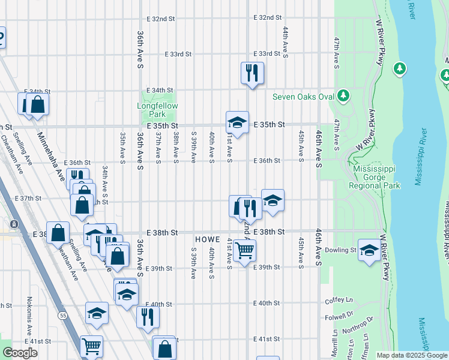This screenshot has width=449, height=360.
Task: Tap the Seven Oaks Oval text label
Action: pos(303,96)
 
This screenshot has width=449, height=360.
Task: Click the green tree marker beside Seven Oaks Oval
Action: pos(343,95)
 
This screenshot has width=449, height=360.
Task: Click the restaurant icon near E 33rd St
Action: pos(252,73)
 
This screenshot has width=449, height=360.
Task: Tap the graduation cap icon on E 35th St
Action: pos(237,122)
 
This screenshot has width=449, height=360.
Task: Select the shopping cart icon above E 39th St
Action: pos(245,250)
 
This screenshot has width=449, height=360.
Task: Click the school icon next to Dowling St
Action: pos(369,250)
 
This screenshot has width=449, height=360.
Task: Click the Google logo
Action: pos(20,353)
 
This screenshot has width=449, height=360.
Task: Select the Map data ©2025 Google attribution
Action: pos(412,355)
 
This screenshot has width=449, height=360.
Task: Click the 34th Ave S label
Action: pos(104,182)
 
